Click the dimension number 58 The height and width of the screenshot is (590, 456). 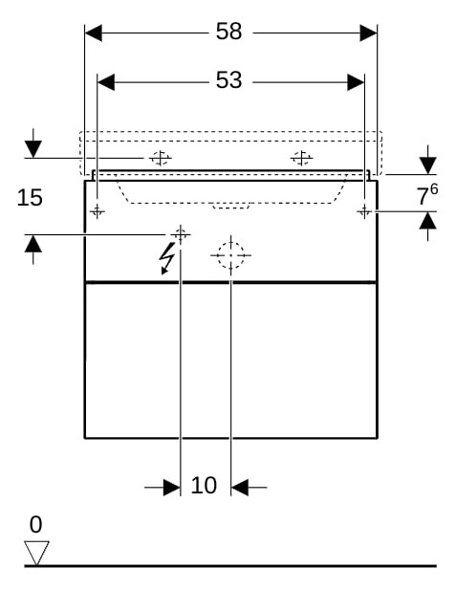[228, 32]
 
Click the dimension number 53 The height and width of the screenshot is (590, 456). [228, 80]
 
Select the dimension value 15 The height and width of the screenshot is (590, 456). [30, 198]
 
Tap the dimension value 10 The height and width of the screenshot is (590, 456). [204, 486]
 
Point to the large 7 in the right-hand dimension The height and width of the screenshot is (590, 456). [423, 197]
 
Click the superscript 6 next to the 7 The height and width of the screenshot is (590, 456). [434, 189]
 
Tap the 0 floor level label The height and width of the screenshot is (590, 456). [35, 525]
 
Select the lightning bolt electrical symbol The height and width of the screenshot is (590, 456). [166, 258]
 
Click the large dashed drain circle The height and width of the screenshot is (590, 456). [230, 255]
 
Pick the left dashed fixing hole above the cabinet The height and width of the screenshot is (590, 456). [161, 158]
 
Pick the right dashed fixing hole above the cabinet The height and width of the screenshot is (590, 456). [301, 158]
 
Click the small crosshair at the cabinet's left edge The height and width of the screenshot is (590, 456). [98, 212]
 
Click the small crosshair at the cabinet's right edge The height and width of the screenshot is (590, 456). [364, 211]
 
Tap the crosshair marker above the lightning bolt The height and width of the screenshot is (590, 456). [181, 234]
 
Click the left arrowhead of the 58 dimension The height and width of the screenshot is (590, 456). [94, 33]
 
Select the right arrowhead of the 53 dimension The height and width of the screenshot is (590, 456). [356, 82]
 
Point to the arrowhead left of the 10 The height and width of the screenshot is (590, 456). [171, 488]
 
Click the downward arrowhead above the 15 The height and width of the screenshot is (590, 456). [33, 149]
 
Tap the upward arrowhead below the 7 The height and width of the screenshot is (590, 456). [427, 221]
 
